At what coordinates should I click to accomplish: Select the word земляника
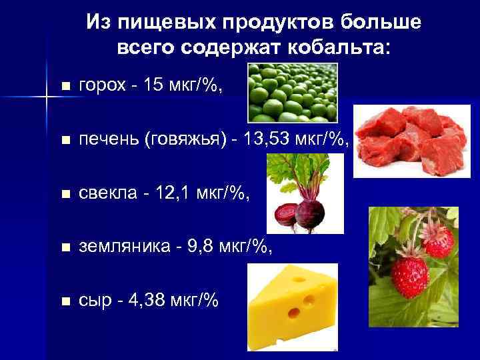[x=119, y=247]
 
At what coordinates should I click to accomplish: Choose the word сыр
[x=93, y=301]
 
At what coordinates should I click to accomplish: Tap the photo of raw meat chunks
[x=407, y=142]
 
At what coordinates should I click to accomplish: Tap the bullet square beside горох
[x=64, y=87]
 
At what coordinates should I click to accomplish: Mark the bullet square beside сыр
[x=64, y=302]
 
